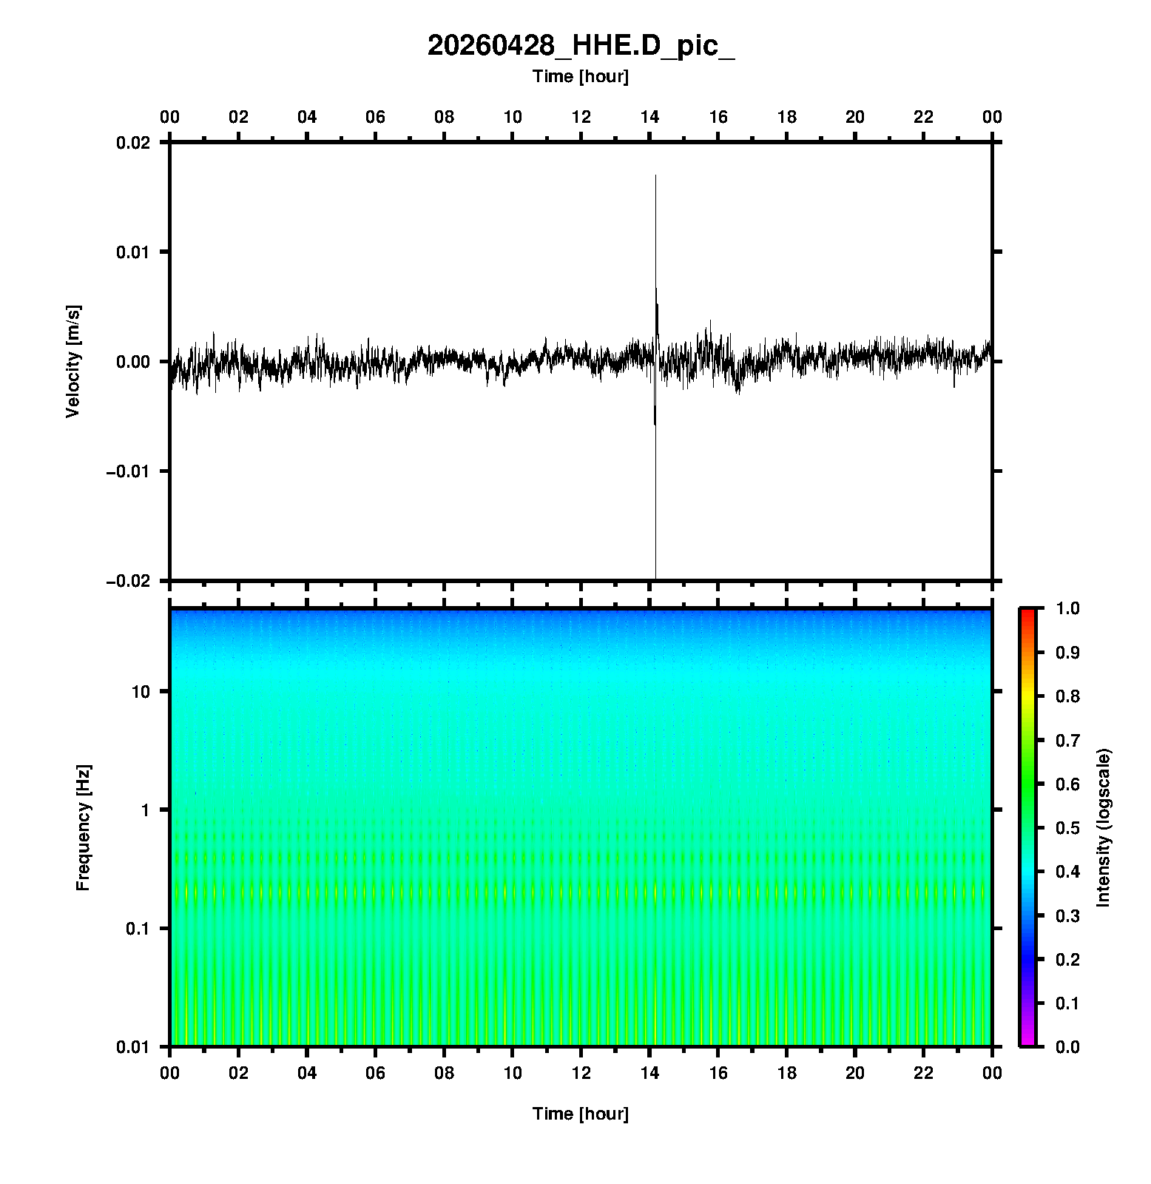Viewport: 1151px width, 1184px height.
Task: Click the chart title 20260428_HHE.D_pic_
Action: pos(581,46)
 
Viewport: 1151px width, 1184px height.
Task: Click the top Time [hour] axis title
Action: pos(581,76)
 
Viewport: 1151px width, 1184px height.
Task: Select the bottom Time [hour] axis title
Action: pos(581,1114)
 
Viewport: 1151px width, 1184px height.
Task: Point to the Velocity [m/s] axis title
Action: pos(72,361)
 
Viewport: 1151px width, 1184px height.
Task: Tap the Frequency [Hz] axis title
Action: pos(83,828)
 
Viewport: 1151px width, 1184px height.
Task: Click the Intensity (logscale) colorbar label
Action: pos(1104,827)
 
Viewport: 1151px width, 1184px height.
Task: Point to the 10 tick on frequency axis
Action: pos(141,692)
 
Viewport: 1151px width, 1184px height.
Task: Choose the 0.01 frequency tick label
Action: pos(133,1047)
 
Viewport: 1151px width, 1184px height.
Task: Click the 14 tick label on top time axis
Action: pos(649,117)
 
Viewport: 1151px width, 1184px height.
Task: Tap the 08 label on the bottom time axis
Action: pos(444,1073)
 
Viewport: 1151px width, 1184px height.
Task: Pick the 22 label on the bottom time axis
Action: pos(924,1073)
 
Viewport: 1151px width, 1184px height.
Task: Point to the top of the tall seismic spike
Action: pos(655,176)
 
